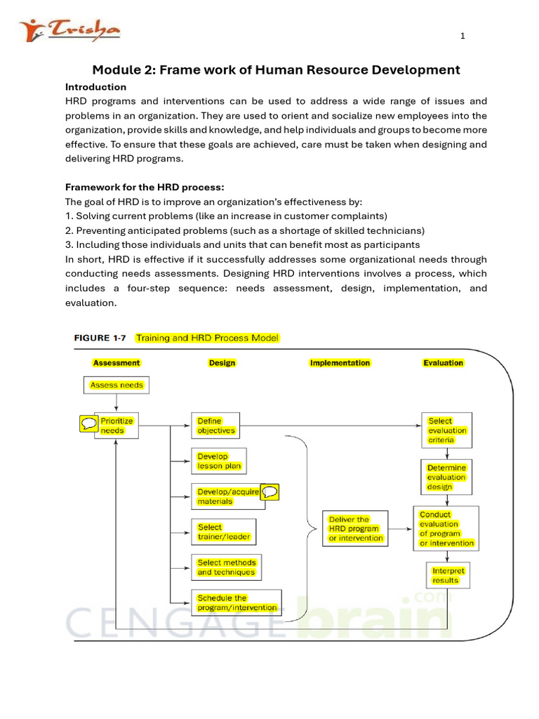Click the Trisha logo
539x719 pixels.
[x=69, y=31]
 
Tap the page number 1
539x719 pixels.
[x=463, y=37]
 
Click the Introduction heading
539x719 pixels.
[x=95, y=87]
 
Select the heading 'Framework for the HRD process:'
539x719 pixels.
[x=145, y=187]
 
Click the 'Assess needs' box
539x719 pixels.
[x=117, y=385]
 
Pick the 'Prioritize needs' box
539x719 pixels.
[x=116, y=426]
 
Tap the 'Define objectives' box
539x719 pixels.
[x=215, y=426]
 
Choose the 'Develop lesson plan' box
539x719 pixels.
[x=218, y=461]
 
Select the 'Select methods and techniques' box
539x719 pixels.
[x=227, y=567]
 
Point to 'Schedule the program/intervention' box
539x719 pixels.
[x=237, y=602]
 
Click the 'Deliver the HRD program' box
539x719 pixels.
[x=355, y=529]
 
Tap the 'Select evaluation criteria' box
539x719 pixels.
[x=447, y=430]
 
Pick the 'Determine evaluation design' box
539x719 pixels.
[x=446, y=477]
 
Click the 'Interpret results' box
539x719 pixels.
[x=448, y=576]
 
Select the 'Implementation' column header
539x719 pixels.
[x=340, y=363]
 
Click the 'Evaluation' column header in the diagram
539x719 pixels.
[x=443, y=363]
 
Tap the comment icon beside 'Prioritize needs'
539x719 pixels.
[x=89, y=423]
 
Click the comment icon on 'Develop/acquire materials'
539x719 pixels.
[x=269, y=492]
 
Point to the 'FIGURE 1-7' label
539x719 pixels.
[x=100, y=338]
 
